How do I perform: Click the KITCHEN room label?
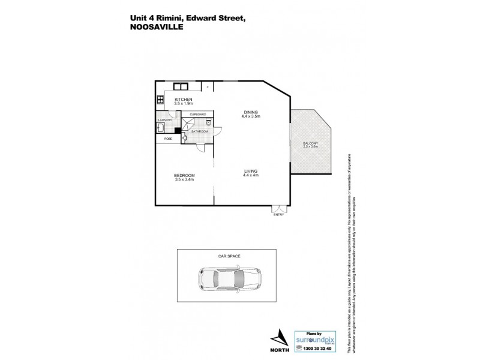(183, 99)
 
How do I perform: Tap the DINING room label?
(251, 110)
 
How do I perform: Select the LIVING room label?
(251, 171)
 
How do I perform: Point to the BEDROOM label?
(184, 175)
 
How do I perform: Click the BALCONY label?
(310, 143)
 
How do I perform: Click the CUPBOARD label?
(198, 114)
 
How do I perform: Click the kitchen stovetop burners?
(160, 100)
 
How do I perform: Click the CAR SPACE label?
(230, 256)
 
